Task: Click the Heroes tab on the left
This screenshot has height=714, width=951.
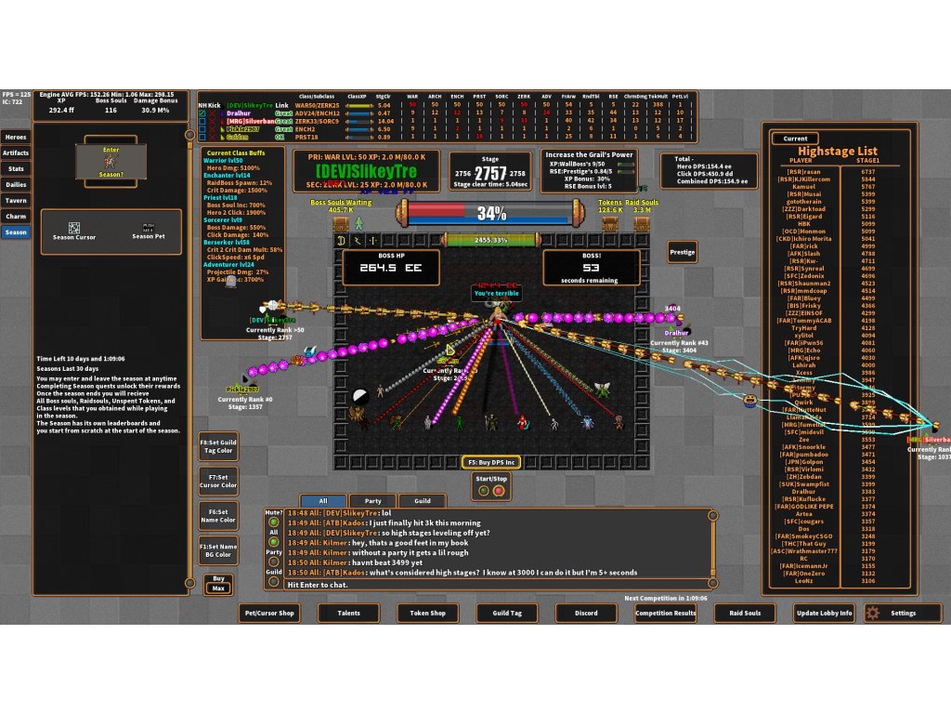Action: click(x=17, y=137)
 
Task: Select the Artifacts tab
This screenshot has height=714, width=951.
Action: click(x=17, y=152)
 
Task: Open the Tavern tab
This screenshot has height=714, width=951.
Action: click(x=17, y=200)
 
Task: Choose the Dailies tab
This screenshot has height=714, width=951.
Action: click(x=17, y=184)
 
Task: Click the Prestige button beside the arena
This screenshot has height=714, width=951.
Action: click(x=682, y=252)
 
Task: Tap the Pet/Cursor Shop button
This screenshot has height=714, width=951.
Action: click(x=268, y=613)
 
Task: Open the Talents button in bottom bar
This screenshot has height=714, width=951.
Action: click(x=348, y=613)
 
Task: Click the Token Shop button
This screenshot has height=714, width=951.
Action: click(x=427, y=613)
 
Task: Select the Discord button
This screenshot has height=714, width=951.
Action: click(x=586, y=613)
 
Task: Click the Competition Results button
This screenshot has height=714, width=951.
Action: click(x=665, y=613)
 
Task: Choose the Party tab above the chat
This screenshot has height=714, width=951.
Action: click(x=372, y=500)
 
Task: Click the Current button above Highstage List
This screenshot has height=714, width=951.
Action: click(x=795, y=139)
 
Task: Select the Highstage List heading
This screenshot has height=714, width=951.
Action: click(x=838, y=151)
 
